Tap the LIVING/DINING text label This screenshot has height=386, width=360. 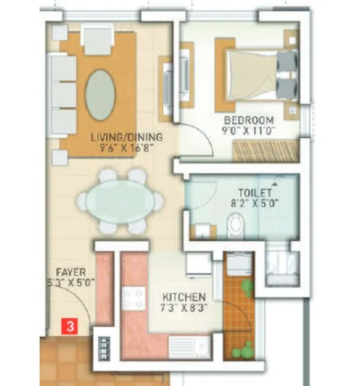127,137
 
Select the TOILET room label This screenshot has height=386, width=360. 255,192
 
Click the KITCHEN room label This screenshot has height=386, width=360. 185,297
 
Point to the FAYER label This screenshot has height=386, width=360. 71,272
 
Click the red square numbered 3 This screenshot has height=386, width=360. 70,327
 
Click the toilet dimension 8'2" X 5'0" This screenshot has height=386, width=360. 255,203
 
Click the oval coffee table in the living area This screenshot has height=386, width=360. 101,95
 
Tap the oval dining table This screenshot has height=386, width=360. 120,201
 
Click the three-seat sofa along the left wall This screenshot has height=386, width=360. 63,94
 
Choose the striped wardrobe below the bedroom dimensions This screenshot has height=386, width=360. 264,152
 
